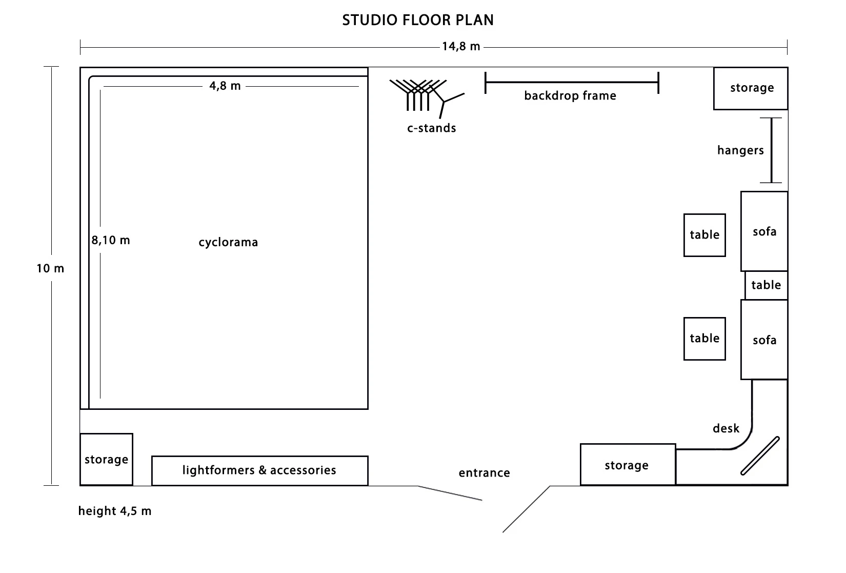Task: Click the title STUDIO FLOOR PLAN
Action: pos(418,20)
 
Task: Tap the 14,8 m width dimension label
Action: pos(461,47)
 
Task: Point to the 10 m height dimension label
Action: pos(50,268)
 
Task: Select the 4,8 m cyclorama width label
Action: pos(225,86)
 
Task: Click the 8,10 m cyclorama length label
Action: pos(111,240)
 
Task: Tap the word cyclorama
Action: pos(228,242)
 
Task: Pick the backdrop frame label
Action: pos(570,96)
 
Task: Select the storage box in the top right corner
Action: pos(751,88)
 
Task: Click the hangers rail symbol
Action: pos(771,150)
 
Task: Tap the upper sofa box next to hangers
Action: pos(764,231)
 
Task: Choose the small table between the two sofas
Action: pos(766,285)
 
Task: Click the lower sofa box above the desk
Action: pos(764,340)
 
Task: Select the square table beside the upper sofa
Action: pos(704,235)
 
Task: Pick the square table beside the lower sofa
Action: pos(704,339)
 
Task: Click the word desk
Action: pos(726,428)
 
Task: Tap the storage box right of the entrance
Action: pos(627,465)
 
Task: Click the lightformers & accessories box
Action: pos(259,470)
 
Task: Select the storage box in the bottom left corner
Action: pos(106,460)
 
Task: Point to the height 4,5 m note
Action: pos(115,511)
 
